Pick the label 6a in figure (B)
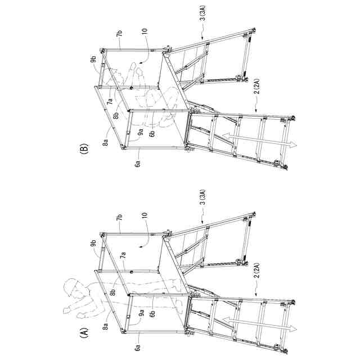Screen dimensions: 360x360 (x=137, y=164)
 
